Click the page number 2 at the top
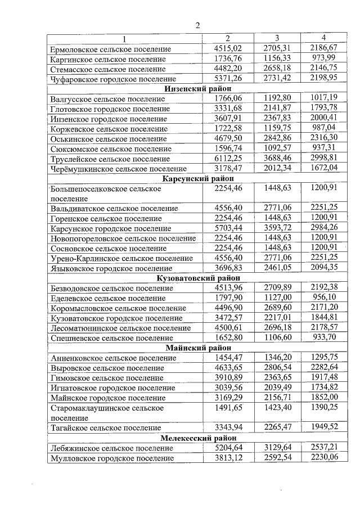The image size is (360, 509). (x=197, y=25)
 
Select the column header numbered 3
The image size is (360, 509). (x=277, y=38)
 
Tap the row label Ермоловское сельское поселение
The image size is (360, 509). (x=110, y=49)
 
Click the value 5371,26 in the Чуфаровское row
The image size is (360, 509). (x=228, y=78)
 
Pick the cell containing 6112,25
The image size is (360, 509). (x=228, y=158)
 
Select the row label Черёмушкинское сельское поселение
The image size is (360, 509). (x=118, y=168)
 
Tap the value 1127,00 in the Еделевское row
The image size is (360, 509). (x=277, y=298)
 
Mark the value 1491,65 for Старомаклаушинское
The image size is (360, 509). (x=228, y=408)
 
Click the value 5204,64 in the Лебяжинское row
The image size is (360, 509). (x=228, y=448)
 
